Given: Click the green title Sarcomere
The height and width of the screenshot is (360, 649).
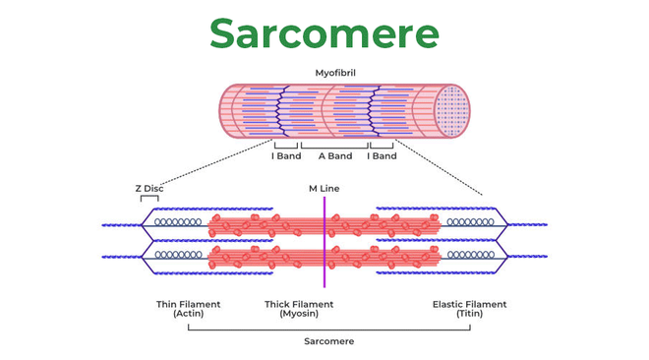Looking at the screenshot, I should click(x=324, y=33).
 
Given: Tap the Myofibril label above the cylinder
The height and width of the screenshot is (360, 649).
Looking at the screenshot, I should click(x=334, y=73).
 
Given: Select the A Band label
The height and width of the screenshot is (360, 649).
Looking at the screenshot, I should click(x=334, y=156).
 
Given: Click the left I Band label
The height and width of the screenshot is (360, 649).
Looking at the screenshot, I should click(x=286, y=156).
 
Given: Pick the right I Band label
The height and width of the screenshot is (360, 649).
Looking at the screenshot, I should click(x=382, y=156).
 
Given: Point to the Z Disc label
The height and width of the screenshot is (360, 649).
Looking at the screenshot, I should click(x=149, y=188).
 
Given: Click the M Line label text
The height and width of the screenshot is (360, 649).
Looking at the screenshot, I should click(x=324, y=188).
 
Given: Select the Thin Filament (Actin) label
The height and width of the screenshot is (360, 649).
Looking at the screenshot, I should click(x=188, y=309).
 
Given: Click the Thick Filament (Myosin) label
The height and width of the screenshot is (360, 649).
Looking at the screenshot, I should click(x=299, y=309).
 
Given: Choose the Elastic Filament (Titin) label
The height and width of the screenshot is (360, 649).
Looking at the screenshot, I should click(x=469, y=309).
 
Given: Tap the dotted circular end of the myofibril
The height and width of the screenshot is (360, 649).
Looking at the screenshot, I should click(x=451, y=110).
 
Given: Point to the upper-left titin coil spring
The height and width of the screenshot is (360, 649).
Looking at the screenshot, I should click(x=177, y=223).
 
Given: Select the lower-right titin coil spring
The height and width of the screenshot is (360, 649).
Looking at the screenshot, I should click(x=470, y=255).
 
